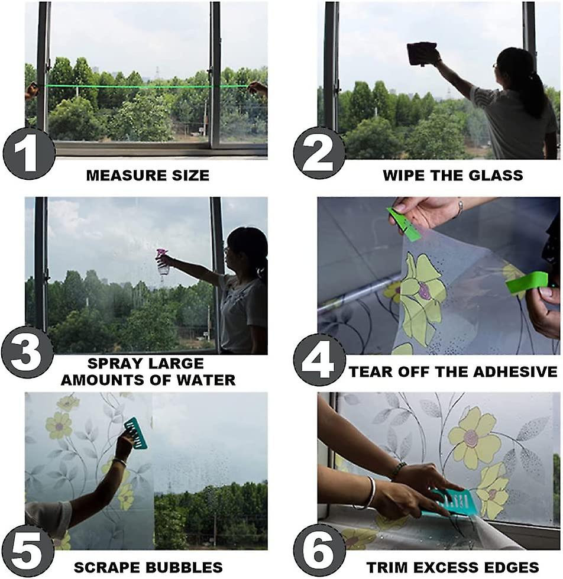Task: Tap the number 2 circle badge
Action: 319,153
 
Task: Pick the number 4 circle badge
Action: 319,359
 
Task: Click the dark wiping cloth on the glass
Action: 422,54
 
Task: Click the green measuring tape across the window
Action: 148,86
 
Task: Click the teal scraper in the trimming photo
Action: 455,502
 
